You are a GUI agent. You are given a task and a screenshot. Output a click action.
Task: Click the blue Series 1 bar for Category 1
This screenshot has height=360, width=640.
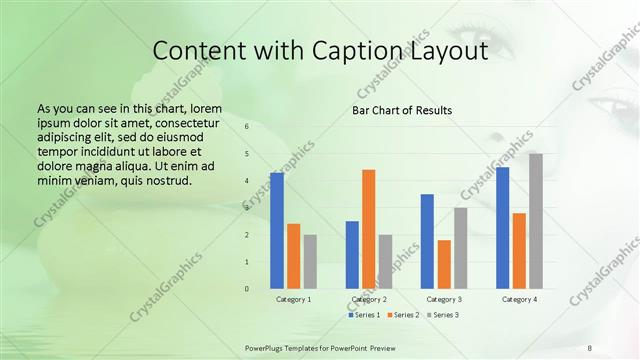tap(277, 231)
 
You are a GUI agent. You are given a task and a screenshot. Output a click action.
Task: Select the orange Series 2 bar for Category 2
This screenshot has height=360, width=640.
tap(369, 229)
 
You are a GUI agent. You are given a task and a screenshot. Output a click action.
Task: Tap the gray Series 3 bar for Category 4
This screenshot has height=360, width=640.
tap(536, 221)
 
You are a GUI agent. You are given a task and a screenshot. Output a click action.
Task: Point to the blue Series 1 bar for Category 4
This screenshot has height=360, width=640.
tap(502, 228)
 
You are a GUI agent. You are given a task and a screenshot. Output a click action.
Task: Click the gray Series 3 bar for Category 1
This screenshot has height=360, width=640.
tap(310, 262)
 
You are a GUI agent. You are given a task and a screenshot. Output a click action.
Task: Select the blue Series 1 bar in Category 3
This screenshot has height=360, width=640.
tap(427, 241)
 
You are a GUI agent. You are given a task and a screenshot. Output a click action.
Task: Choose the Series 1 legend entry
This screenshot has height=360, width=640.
tap(365, 315)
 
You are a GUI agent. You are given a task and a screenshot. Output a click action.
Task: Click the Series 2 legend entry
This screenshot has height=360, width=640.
tap(402, 315)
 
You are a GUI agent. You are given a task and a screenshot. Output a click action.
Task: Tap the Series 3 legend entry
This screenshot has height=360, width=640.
tap(442, 315)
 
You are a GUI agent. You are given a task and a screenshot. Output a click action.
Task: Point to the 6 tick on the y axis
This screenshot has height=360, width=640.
tap(247, 127)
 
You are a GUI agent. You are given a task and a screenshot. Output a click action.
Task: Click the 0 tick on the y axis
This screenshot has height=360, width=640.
tap(247, 289)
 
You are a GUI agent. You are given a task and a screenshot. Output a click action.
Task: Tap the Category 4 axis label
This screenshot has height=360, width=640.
tap(519, 300)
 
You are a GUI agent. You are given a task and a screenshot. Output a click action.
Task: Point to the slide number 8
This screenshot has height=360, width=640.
tap(590, 347)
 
